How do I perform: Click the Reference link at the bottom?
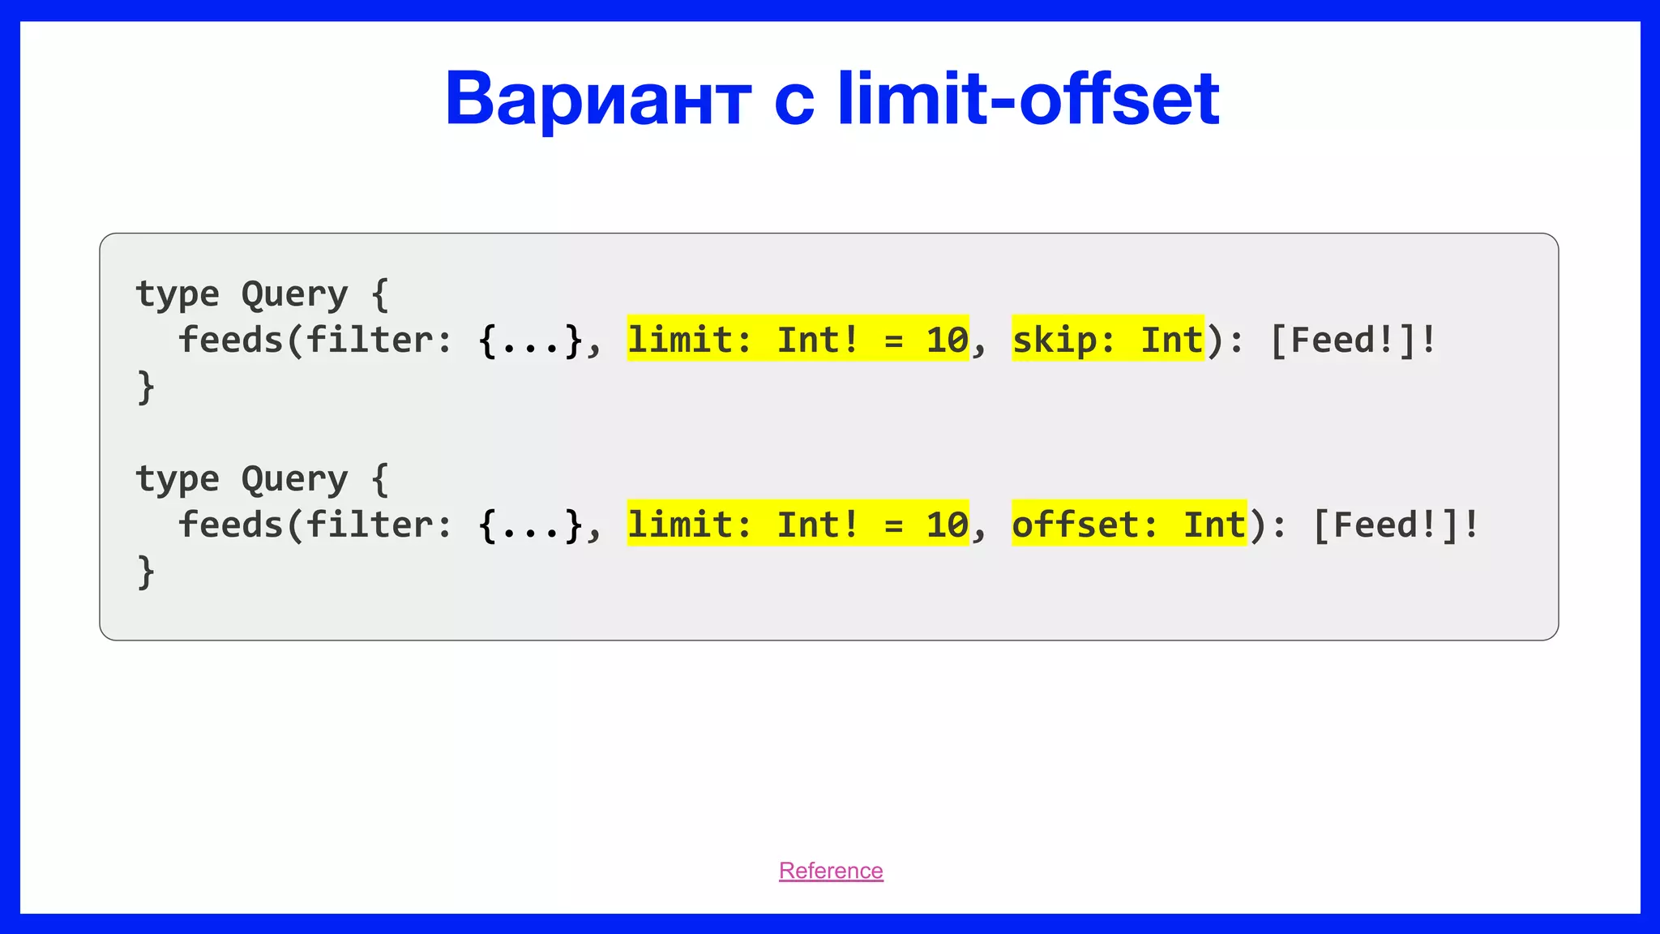coord(831,871)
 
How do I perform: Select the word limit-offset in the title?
coord(1028,99)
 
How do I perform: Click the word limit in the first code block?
coord(678,340)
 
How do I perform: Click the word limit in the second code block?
coord(678,525)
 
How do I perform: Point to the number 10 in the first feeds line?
coord(947,340)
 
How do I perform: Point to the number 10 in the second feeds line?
coord(947,525)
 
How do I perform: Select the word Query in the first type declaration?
coord(294,294)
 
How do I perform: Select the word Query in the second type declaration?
coord(294,479)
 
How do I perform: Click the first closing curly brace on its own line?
coord(146,387)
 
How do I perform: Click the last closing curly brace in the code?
coord(146,572)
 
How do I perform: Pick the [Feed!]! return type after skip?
coord(1353,340)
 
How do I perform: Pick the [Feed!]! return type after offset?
coord(1395,525)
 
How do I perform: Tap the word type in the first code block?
coord(177,294)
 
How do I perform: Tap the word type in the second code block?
coord(177,479)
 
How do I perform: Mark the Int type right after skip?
coord(1172,340)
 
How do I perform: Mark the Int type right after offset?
coord(1214,525)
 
